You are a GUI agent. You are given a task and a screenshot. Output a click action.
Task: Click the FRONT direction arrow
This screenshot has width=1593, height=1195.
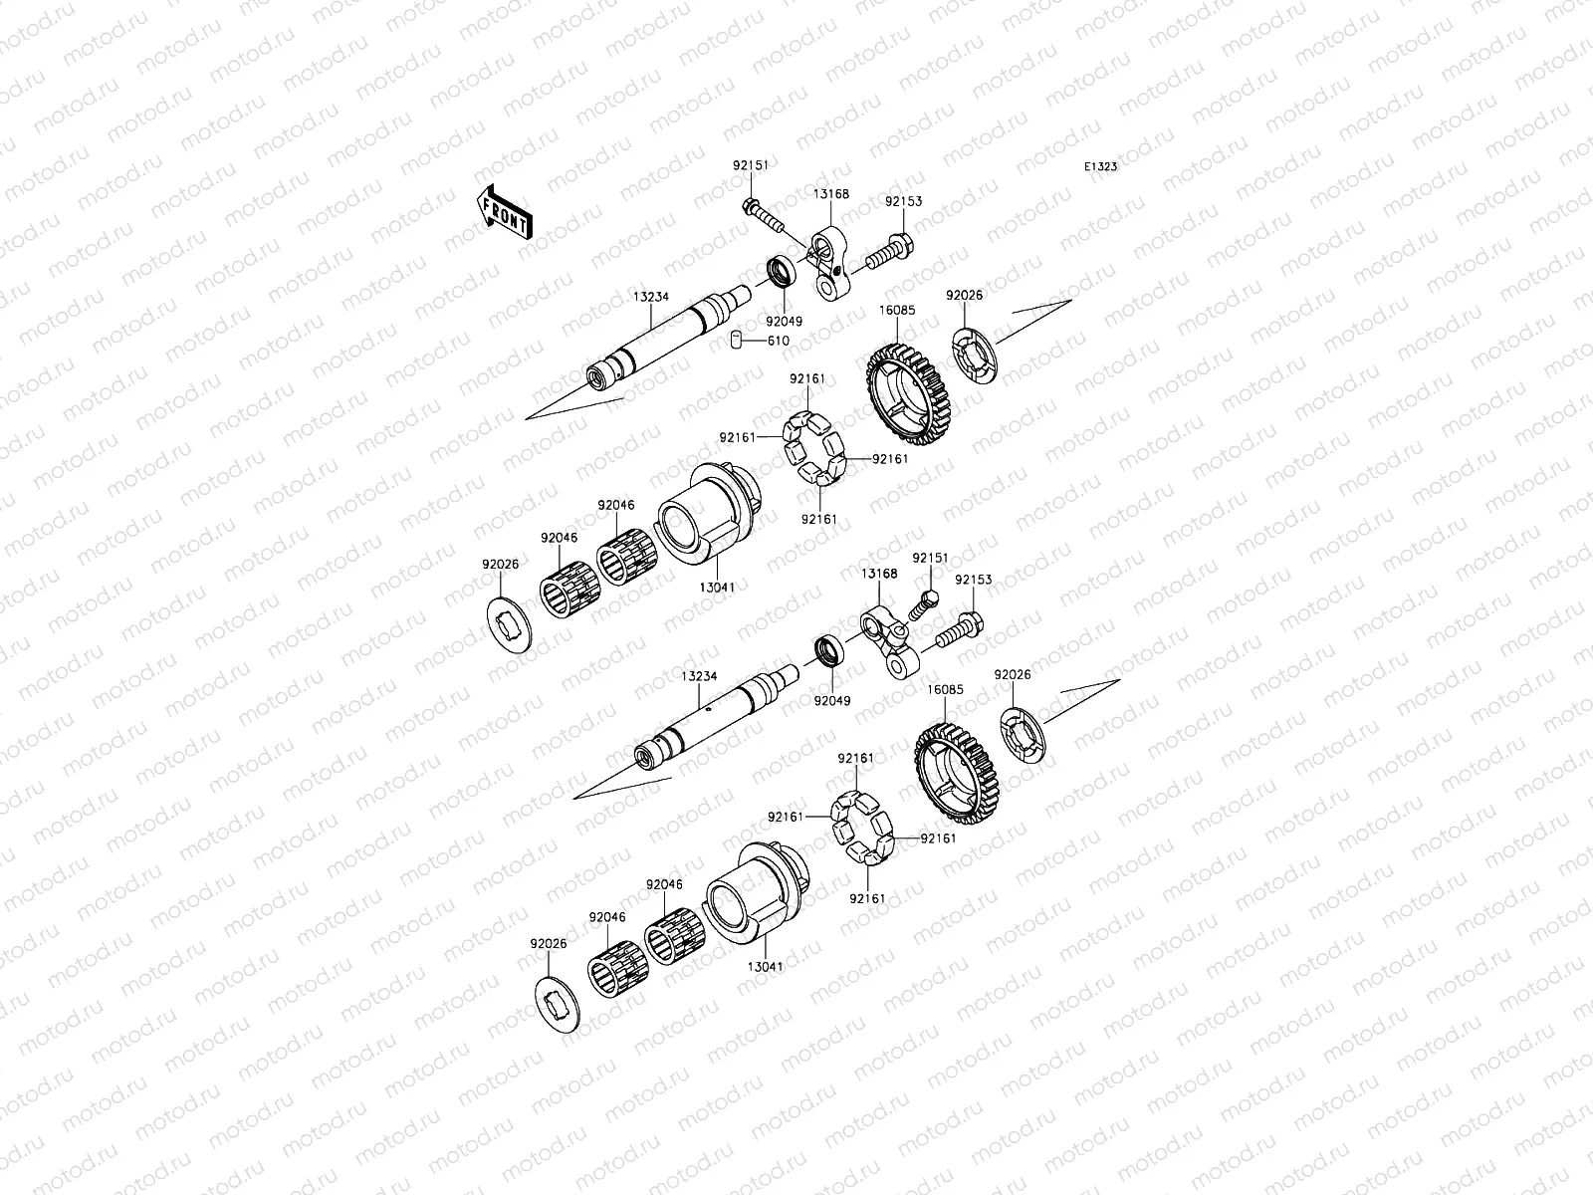tap(505, 212)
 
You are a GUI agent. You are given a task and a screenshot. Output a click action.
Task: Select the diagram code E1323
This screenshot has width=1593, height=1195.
tap(1100, 167)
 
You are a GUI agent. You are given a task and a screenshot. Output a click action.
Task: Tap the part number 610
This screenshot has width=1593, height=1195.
tap(778, 341)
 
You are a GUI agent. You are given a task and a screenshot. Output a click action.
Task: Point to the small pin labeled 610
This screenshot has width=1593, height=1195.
tap(736, 339)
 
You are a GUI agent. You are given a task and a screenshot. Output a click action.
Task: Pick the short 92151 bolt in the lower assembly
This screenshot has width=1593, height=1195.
tap(923, 605)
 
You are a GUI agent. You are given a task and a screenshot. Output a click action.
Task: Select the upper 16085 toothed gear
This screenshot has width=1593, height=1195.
tap(910, 393)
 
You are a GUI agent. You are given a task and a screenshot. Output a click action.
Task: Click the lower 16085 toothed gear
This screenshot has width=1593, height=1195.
tap(958, 773)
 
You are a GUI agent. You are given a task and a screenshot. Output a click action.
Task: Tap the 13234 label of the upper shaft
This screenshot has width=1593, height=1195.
tap(651, 297)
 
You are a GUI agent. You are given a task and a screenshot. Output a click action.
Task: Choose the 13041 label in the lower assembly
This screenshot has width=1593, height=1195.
tap(766, 966)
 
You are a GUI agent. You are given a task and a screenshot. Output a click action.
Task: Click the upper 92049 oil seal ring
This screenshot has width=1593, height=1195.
tap(782, 271)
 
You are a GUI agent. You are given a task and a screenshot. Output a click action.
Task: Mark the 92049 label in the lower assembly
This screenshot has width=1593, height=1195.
tap(831, 701)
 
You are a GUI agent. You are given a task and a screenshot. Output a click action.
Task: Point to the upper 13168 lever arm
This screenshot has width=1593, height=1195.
tap(828, 263)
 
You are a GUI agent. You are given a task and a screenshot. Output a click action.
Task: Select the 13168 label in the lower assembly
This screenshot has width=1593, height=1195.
tap(879, 574)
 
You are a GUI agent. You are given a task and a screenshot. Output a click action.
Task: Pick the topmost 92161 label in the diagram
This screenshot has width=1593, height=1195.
tap(807, 378)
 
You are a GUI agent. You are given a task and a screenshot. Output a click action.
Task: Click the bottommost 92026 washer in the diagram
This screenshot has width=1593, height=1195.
tap(557, 1004)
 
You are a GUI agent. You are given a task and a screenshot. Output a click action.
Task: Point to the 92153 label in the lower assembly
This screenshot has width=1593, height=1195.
tap(973, 579)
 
